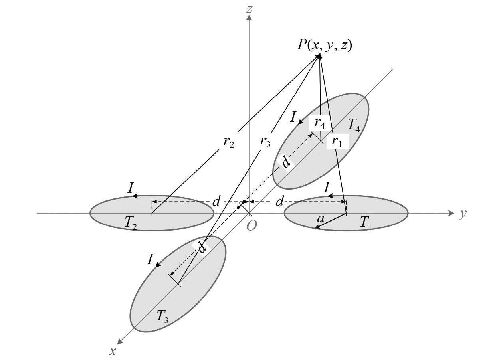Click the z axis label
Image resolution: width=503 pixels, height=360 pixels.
pyautogui.click(x=250, y=9)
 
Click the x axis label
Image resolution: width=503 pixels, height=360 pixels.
pyautogui.click(x=113, y=350)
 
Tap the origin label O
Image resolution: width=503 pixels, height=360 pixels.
pyautogui.click(x=252, y=225)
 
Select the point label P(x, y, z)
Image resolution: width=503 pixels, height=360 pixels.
pyautogui.click(x=324, y=45)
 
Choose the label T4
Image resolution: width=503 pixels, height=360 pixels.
pyautogui.click(x=354, y=125)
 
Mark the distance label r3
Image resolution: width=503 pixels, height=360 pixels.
pyautogui.click(x=264, y=140)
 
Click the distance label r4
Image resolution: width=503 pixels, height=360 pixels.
pyautogui.click(x=319, y=123)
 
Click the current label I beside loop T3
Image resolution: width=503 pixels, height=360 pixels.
pyautogui.click(x=150, y=260)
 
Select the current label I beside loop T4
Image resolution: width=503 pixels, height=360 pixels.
pyautogui.click(x=293, y=117)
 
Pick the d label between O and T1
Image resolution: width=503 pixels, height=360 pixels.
pyautogui.click(x=279, y=202)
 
